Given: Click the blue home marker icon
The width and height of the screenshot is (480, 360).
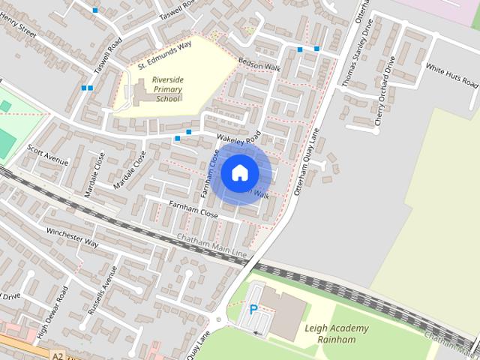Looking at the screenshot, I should point(240,173).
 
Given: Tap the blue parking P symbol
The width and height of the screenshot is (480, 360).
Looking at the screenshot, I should point(253,309).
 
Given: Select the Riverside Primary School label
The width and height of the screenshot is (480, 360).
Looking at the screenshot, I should point(166,87).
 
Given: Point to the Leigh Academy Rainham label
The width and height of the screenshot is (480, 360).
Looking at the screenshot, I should point(337,334).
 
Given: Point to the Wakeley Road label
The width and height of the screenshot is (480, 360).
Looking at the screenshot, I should point(238,139).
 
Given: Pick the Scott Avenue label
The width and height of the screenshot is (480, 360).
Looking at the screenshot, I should point(49,155).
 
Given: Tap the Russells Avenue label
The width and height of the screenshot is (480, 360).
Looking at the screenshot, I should point(102,289).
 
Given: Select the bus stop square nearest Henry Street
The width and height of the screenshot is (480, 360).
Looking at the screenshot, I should point(94,10).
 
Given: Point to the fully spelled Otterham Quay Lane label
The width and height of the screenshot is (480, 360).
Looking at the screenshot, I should point(307,161).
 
